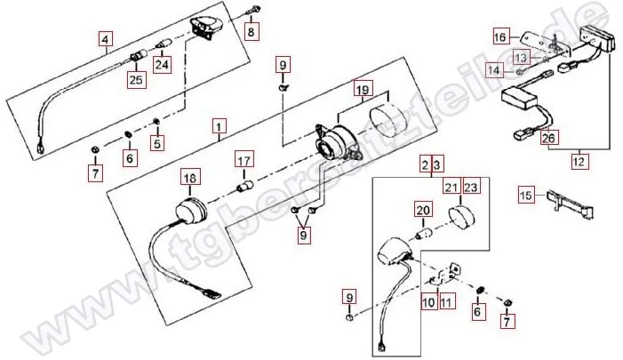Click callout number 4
pos(105,40)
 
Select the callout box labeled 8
pos(251,31)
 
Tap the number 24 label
pos(162,64)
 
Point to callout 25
pos(136,79)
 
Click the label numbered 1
pos(219,126)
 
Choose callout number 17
pos(244,160)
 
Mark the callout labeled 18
pos(190,178)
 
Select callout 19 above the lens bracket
pos(363,90)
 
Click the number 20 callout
pos(423,210)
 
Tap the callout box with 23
pos(471,187)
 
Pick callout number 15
pos(525,195)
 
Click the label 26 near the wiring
pos(548,138)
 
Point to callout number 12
pos(579,161)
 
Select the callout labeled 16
pos(500,37)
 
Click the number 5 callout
pos(157,143)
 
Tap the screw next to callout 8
pos(255,10)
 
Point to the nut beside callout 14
pos(519,71)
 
